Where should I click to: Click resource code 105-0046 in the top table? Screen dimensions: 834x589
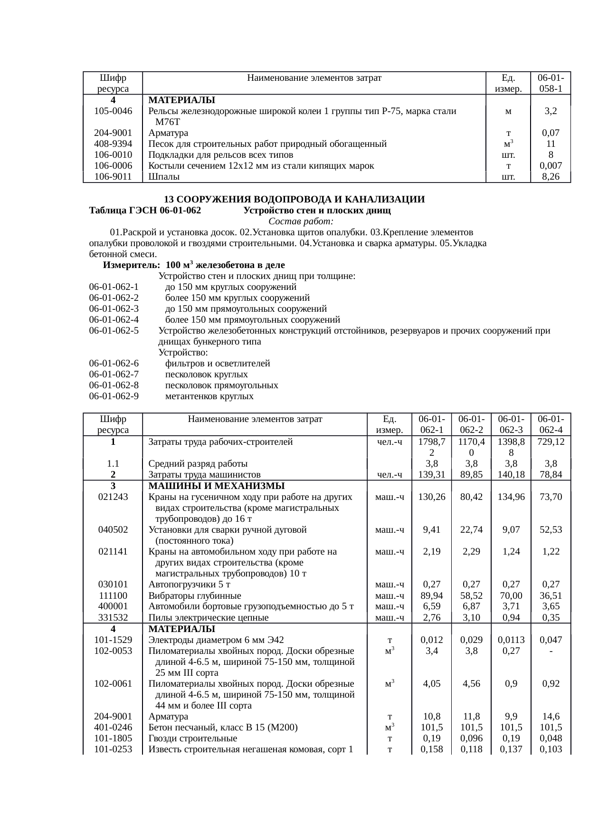(x=113, y=111)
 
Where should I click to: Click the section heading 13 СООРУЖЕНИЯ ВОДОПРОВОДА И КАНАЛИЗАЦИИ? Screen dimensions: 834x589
(x=294, y=199)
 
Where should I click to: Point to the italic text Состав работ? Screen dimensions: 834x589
(x=301, y=221)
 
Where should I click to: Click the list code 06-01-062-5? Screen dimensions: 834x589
(x=114, y=331)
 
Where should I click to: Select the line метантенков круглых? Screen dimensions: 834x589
(x=209, y=396)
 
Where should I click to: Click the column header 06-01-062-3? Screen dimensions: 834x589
(x=510, y=424)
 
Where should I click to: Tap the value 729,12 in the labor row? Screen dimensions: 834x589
(x=551, y=441)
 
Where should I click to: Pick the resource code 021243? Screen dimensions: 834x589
(x=113, y=497)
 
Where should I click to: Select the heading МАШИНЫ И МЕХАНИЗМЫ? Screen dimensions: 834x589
(x=217, y=486)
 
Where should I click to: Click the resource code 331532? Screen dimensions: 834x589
(x=113, y=618)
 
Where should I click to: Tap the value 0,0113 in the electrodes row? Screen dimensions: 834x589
(x=511, y=640)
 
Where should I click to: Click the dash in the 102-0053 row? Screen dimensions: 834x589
(x=551, y=651)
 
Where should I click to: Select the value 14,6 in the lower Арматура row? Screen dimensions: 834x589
(x=551, y=717)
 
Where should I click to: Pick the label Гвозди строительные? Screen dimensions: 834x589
(x=193, y=738)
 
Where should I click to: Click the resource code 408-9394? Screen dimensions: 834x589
(x=113, y=144)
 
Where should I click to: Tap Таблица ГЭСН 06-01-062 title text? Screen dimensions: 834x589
(x=145, y=211)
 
